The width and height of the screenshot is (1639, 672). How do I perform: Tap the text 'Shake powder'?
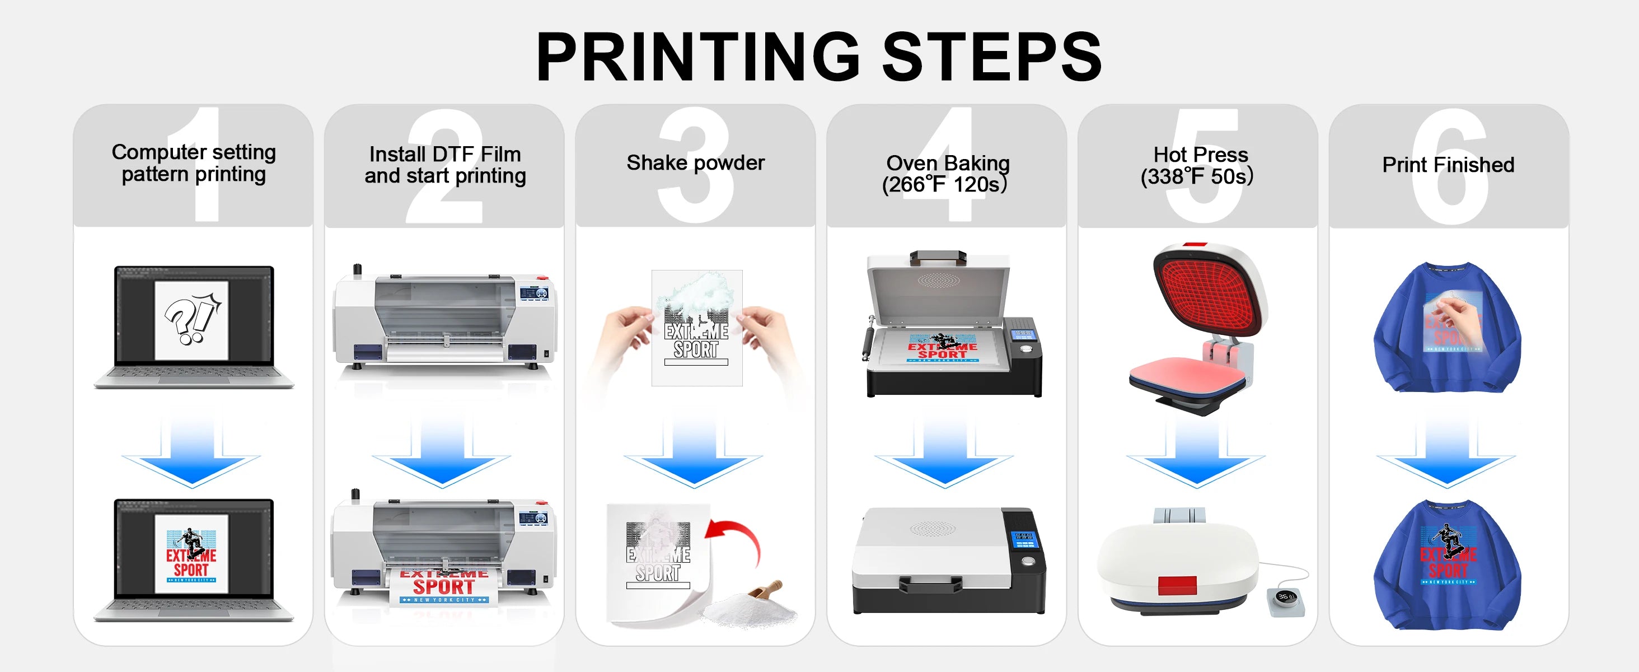(x=695, y=163)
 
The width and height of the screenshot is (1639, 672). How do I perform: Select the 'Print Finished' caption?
(x=1448, y=165)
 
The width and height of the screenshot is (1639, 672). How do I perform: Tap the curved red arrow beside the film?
(x=738, y=538)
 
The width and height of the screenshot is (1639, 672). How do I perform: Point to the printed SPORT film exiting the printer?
(x=443, y=587)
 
